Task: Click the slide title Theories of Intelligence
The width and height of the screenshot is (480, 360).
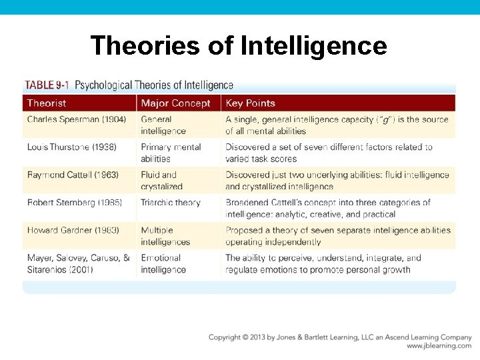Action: click(x=239, y=45)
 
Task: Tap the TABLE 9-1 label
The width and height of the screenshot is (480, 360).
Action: click(x=47, y=85)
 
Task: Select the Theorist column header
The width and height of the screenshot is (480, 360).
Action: click(x=47, y=103)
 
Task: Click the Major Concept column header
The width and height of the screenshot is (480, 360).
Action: click(x=175, y=103)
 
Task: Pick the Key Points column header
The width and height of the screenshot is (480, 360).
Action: click(x=251, y=103)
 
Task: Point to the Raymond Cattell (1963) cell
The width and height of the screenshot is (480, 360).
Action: click(x=73, y=175)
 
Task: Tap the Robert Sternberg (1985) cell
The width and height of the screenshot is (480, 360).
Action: click(x=75, y=203)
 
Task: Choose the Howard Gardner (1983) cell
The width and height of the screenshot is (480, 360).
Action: click(x=73, y=230)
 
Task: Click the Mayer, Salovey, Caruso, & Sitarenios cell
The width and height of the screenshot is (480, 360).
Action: click(x=79, y=263)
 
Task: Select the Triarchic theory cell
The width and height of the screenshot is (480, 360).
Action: click(x=171, y=203)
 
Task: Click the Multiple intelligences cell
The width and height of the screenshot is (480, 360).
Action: click(x=165, y=236)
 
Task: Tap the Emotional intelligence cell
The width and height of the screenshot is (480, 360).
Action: click(x=163, y=263)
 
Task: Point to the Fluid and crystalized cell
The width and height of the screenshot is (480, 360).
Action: click(x=161, y=181)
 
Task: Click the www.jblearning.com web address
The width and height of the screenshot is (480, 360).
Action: click(x=439, y=346)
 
